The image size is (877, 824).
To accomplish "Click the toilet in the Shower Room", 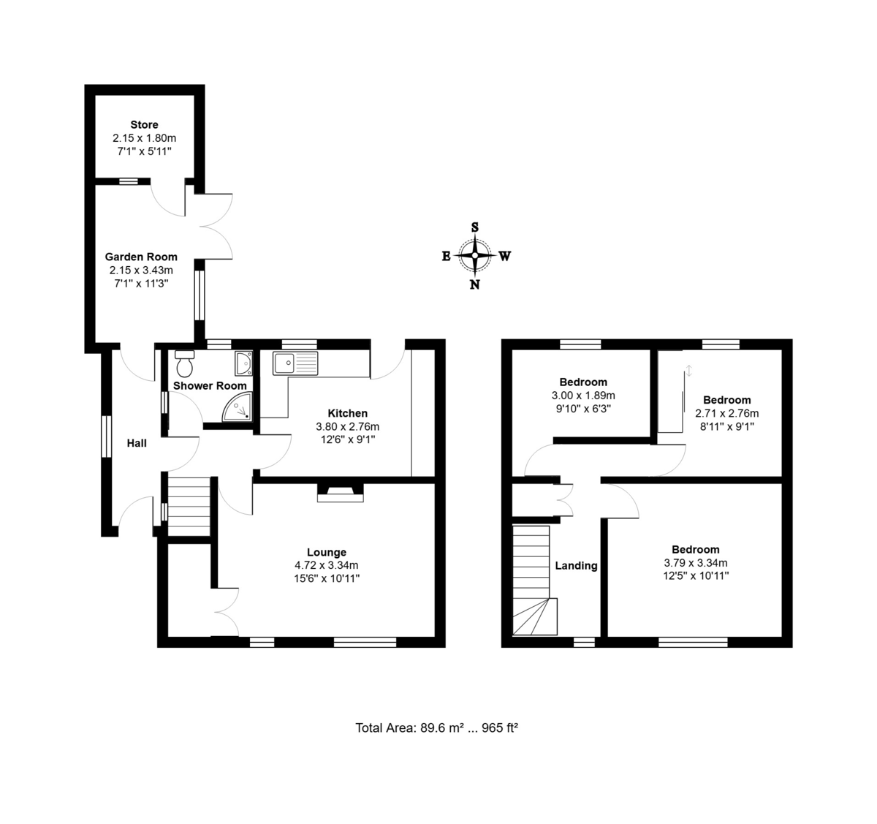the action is point(184,363).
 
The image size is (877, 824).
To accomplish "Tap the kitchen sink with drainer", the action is point(295,363).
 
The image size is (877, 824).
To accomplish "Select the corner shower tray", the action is point(237,407).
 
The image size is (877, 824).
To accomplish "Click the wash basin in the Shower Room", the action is point(243,363).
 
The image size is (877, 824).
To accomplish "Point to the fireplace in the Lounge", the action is point(340,493).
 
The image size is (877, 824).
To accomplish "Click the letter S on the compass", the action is point(475,227).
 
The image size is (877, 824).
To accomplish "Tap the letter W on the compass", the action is point(505,256).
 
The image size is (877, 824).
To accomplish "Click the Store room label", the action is point(145,124).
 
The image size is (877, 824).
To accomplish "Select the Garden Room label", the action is point(141,257).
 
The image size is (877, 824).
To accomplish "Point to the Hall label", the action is point(137,443).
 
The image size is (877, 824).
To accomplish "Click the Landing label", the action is point(576,565).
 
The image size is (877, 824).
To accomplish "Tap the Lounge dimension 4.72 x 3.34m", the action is point(327,565).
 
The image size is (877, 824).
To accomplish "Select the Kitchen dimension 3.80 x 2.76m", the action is point(348,426).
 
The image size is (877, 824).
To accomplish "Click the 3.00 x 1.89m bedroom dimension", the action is point(583,396).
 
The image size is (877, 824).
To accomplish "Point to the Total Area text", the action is point(437,727).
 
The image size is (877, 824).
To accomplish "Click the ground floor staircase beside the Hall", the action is point(189,507).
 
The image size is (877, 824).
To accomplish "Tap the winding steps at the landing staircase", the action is point(535,617).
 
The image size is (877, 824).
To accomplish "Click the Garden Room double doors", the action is point(215,226).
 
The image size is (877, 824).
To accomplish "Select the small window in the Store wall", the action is point(129,181).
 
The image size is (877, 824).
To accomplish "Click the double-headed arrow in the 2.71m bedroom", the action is point(689,370).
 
